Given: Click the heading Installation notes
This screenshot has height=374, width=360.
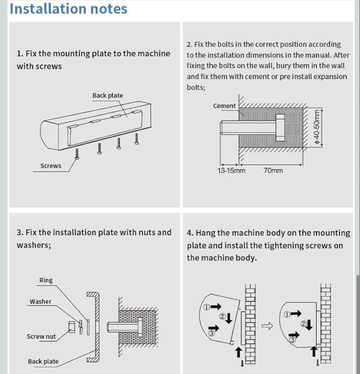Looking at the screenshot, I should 69,9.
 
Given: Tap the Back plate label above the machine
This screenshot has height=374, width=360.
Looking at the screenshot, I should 107,96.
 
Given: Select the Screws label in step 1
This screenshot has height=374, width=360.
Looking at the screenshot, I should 51,166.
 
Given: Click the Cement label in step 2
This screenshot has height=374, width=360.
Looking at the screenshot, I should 224,106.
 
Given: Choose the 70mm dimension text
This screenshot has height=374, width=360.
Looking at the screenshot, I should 273,170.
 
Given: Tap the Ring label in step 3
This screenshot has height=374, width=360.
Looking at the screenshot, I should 46,280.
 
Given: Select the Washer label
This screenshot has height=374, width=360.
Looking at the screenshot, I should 40,302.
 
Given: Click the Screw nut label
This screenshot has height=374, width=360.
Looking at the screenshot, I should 41,337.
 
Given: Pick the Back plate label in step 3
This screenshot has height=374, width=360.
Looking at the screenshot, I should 43,362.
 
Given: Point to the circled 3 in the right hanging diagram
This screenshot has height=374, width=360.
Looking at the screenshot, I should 292,340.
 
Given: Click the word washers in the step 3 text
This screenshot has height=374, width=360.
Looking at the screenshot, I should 34,245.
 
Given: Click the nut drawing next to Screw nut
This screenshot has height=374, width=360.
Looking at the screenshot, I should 72,327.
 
